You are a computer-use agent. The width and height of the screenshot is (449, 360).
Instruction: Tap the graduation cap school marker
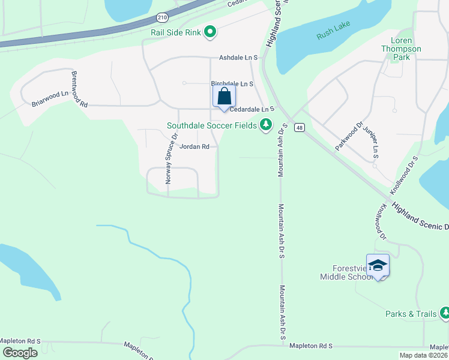tap(378, 266)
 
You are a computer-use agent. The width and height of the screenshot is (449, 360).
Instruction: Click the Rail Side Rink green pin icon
tap(210, 32)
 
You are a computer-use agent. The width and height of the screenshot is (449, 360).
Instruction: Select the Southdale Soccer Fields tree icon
tap(265, 125)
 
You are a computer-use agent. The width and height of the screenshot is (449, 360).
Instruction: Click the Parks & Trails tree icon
tap(444, 313)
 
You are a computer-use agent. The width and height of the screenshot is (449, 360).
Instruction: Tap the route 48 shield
tap(300, 127)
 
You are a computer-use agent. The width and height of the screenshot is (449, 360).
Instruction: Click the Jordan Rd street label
tap(194, 146)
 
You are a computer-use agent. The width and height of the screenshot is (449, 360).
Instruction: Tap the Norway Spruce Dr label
tap(172, 158)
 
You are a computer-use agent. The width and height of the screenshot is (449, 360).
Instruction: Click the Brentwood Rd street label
tap(79, 89)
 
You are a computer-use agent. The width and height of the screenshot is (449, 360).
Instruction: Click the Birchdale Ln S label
tap(232, 84)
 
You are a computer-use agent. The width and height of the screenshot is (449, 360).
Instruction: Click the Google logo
tap(20, 353)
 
